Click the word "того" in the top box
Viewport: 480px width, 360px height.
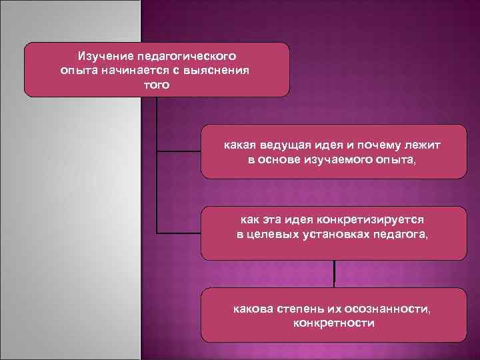[157, 85]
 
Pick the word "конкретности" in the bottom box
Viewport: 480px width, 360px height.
[334, 324]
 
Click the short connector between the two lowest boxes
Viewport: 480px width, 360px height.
[334, 273]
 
